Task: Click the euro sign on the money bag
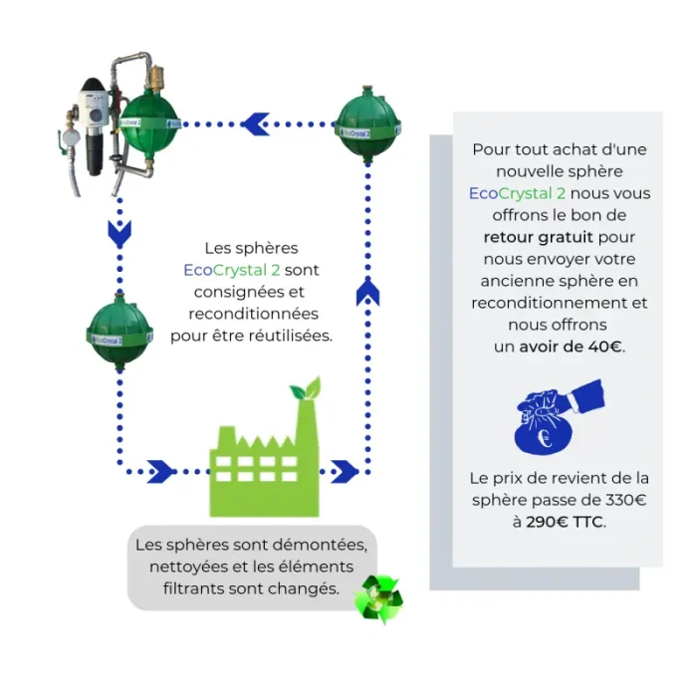543,433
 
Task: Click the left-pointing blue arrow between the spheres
255,123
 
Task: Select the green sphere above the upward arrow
367,126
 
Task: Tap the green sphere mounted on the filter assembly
149,121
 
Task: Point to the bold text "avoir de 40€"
573,347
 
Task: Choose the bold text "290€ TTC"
565,522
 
